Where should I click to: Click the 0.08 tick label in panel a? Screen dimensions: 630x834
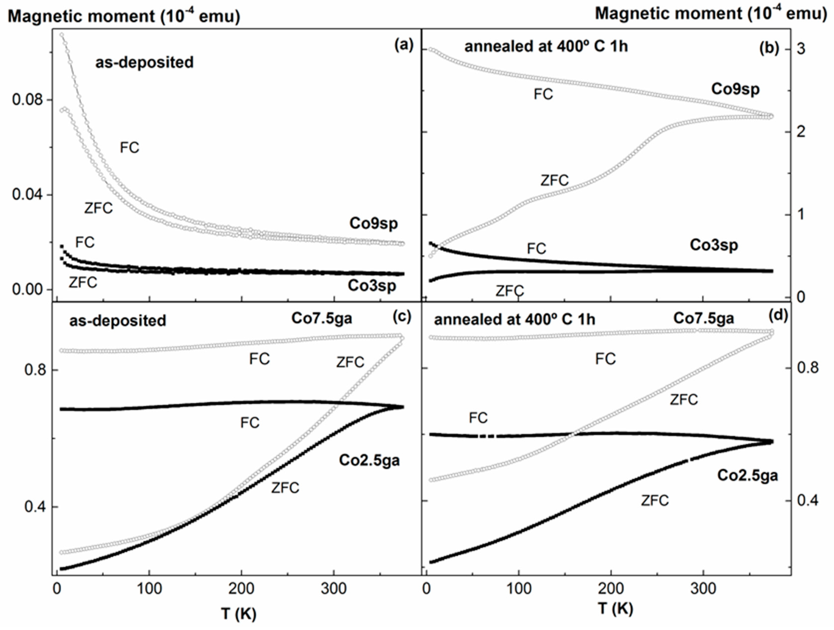[x=27, y=100]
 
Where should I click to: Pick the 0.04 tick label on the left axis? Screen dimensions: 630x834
[x=27, y=195]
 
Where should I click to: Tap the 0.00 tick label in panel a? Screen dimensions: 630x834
[x=27, y=290]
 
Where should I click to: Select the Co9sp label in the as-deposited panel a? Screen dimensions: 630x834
[x=373, y=223]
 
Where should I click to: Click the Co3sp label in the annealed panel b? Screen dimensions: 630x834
[x=714, y=245]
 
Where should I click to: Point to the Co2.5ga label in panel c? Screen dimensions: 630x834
[x=369, y=460]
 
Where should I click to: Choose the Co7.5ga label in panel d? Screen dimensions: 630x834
[x=704, y=318]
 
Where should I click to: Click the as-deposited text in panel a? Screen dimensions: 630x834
[x=144, y=62]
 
